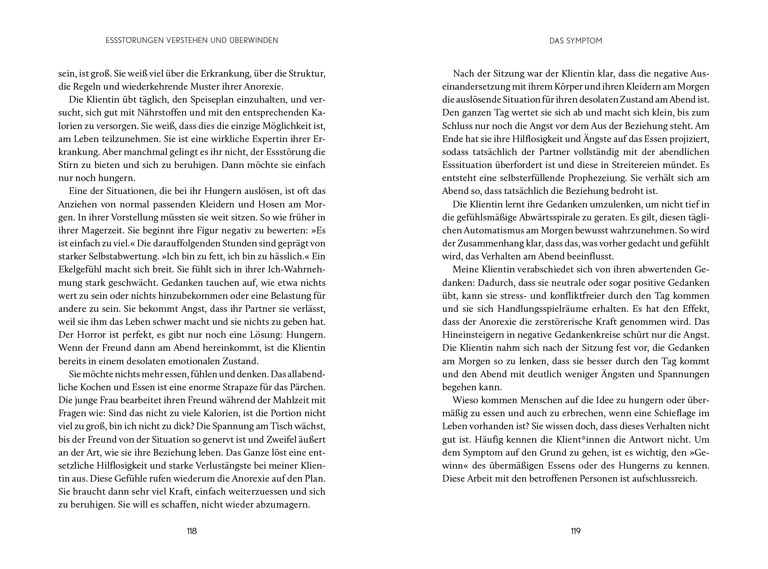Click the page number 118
point(191,531)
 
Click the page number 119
point(576,531)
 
